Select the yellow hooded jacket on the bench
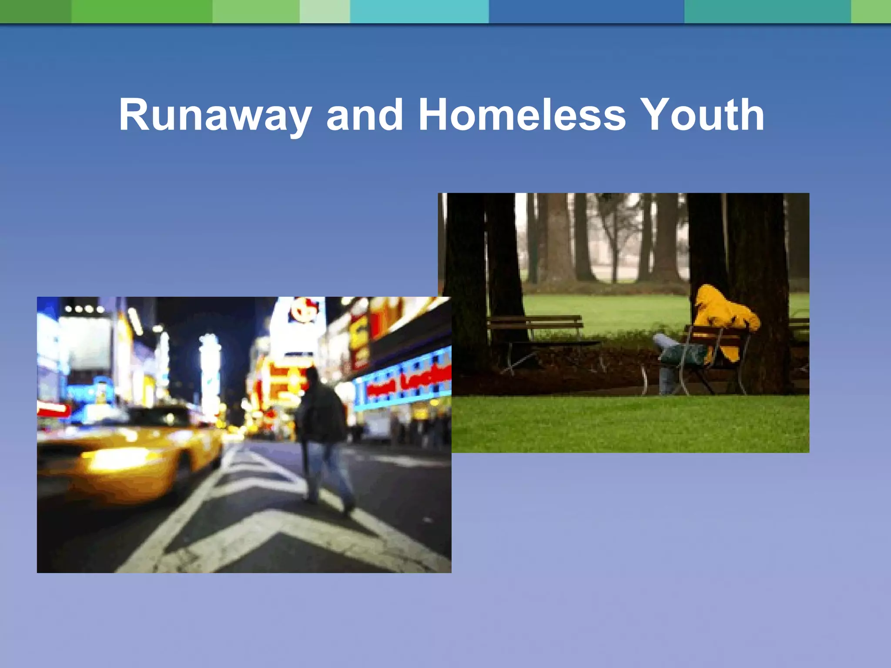(724, 320)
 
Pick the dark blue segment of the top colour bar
(586, 11)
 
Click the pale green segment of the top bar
(325, 11)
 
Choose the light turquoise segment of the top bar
(419, 11)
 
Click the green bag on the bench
(683, 354)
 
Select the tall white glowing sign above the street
(210, 374)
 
